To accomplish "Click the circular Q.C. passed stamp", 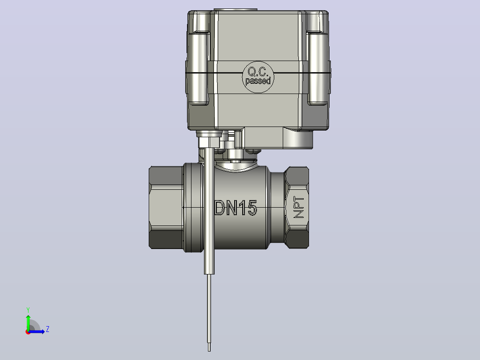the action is pyautogui.click(x=258, y=77).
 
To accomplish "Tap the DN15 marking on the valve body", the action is pyautogui.click(x=236, y=208).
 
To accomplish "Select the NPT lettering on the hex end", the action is pyautogui.click(x=298, y=207).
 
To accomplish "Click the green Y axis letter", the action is pyautogui.click(x=28, y=310).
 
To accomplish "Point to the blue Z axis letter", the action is pyautogui.click(x=48, y=329).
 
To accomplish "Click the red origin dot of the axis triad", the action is pyautogui.click(x=28, y=332).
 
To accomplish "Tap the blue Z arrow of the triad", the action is pyautogui.click(x=37, y=331).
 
